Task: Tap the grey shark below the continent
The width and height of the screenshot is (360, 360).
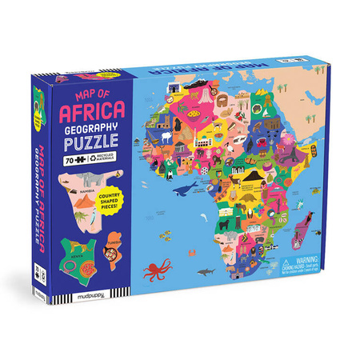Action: coord(207,273)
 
